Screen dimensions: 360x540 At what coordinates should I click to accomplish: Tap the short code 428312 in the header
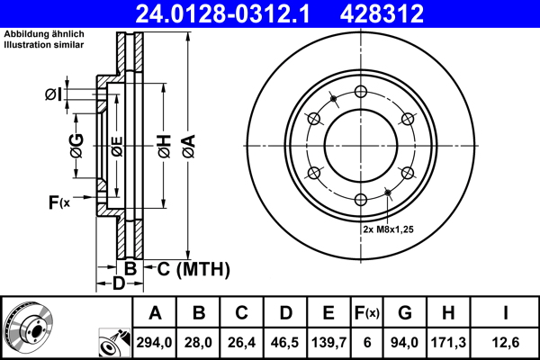click(406, 13)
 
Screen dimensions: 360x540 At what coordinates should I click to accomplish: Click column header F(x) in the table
click(366, 313)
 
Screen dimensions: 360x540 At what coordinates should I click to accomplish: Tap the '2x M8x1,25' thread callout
click(387, 229)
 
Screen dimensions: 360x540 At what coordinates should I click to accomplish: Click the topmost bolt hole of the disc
click(360, 91)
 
